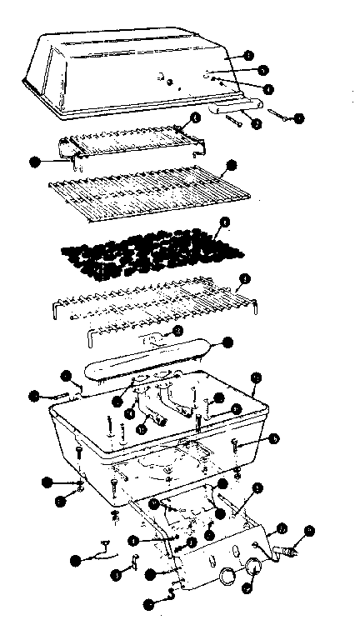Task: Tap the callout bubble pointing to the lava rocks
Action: coord(222,223)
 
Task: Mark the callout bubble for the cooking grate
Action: coord(232,165)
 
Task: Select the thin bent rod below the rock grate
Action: coord(125,335)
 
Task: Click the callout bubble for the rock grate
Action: coord(245,279)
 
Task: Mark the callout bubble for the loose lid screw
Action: coord(299,118)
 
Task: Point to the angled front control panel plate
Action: coord(217,567)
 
